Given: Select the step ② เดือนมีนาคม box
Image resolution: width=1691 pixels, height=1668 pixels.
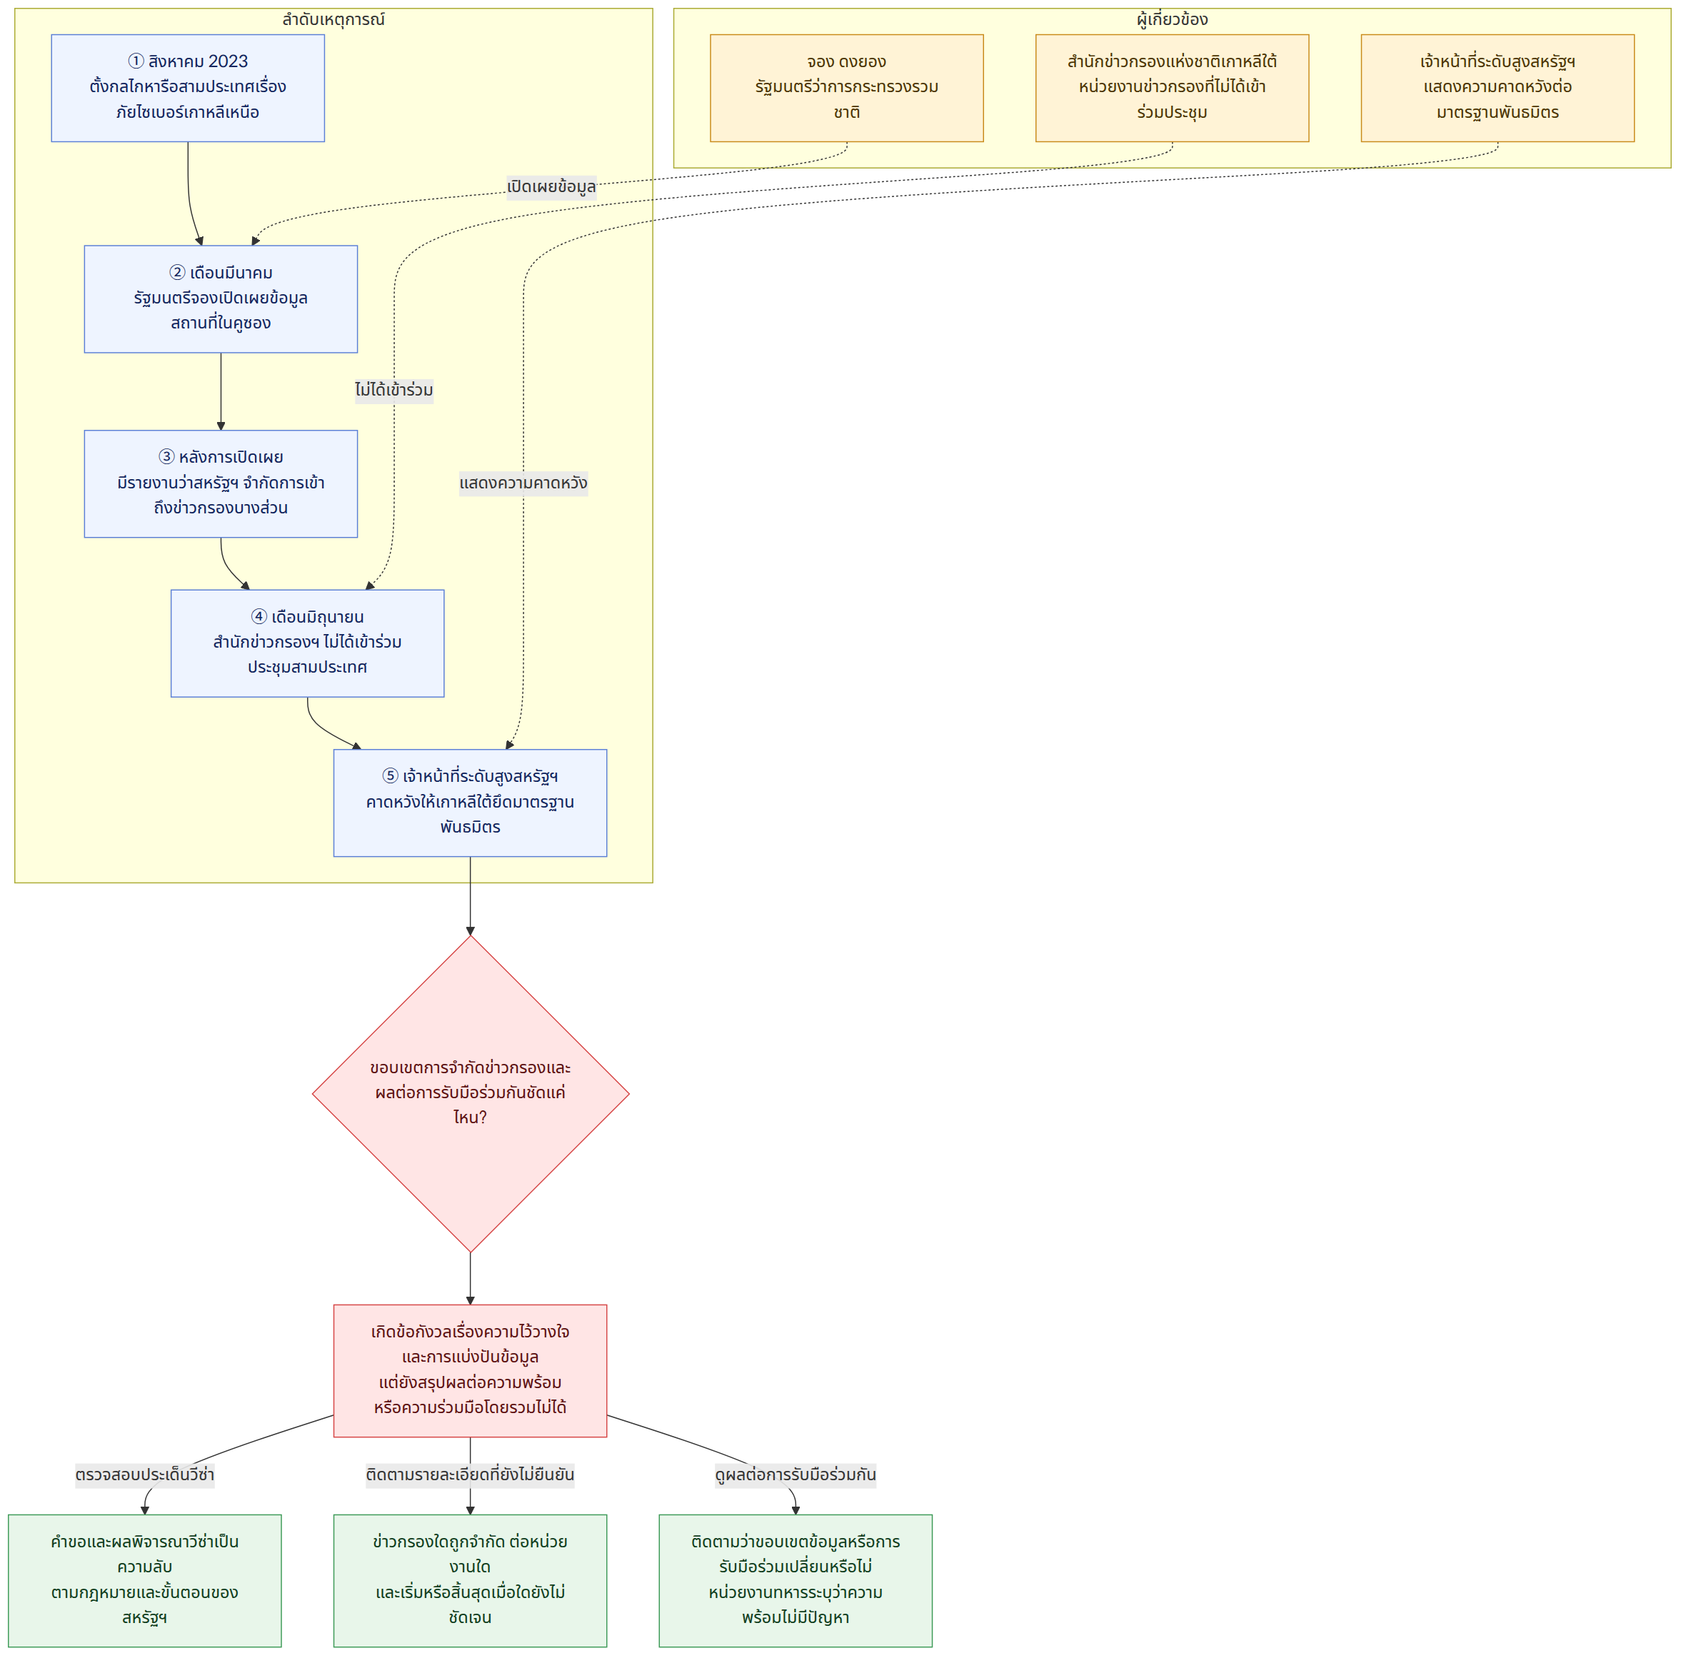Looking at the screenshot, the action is pyautogui.click(x=221, y=299).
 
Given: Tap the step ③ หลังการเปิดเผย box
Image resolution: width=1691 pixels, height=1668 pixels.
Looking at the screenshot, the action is pyautogui.click(x=221, y=484).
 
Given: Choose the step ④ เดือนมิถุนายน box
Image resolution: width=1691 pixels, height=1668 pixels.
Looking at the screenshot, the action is pyautogui.click(x=307, y=643).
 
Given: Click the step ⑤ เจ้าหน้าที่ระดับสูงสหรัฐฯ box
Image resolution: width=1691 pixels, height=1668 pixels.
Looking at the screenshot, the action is pyautogui.click(x=470, y=803).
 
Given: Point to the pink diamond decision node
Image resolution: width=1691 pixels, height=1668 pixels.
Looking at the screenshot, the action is pyautogui.click(x=471, y=1094).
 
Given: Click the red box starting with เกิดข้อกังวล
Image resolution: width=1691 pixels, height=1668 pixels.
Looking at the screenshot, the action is pyautogui.click(x=470, y=1370).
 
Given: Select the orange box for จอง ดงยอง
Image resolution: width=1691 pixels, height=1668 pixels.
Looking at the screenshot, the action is pyautogui.click(x=846, y=89).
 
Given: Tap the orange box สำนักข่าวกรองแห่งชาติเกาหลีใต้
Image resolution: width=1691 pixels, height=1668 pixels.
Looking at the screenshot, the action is pyautogui.click(x=1172, y=89).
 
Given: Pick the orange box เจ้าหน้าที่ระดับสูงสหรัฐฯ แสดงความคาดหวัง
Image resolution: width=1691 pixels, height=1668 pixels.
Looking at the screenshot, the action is pyautogui.click(x=1497, y=89).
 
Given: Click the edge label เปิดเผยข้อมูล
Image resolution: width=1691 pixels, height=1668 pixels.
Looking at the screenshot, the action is pyautogui.click(x=551, y=187).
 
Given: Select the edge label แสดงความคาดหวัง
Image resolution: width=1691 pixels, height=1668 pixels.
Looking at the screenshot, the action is pyautogui.click(x=523, y=483).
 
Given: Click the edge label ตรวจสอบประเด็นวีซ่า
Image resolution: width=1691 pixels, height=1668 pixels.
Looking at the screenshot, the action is pyautogui.click(x=144, y=1474).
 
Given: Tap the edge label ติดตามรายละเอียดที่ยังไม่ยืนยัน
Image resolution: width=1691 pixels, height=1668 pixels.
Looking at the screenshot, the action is pyautogui.click(x=470, y=1474).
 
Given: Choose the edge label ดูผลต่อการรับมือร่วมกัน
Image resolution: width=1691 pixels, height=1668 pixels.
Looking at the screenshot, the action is pyautogui.click(x=796, y=1474).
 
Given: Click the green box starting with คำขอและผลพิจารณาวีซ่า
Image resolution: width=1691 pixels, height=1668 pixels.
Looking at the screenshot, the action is pyautogui.click(x=144, y=1580).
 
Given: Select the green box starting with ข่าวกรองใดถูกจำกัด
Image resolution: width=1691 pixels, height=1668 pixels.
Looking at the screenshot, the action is pyautogui.click(x=470, y=1580).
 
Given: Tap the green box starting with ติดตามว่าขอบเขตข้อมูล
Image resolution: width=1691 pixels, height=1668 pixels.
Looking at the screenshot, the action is pyautogui.click(x=796, y=1580).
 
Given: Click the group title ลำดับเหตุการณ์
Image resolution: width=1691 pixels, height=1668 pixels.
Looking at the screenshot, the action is pyautogui.click(x=333, y=19).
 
